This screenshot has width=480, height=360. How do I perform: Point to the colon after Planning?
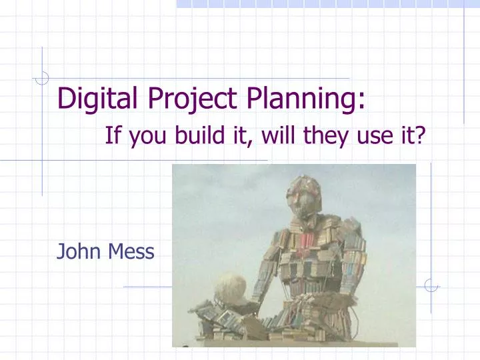point(360,102)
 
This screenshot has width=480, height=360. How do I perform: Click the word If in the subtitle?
point(112,137)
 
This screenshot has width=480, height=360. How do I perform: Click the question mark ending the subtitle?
point(420,137)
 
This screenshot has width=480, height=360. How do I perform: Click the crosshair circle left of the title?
point(42,77)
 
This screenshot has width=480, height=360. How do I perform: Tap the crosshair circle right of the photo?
point(431,285)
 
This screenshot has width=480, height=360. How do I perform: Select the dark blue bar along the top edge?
point(327,3)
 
